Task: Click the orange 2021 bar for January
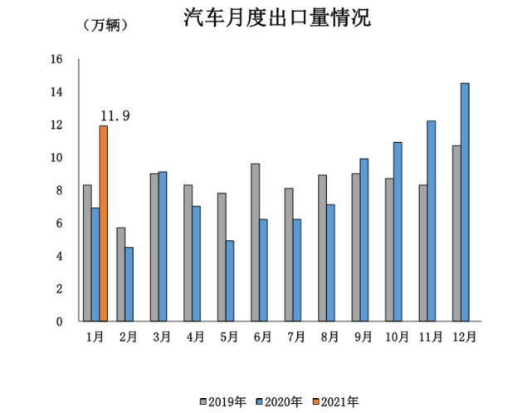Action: tap(104, 224)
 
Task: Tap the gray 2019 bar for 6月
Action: tap(255, 242)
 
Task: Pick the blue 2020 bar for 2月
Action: tap(129, 284)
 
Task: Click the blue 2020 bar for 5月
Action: tap(230, 281)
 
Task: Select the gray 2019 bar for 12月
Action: tap(456, 234)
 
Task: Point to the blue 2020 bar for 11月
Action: tap(432, 221)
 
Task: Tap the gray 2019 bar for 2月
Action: tap(120, 274)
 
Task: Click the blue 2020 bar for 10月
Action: tap(398, 232)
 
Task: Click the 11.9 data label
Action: tap(114, 116)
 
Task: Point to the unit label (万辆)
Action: tap(106, 25)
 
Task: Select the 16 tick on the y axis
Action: tap(56, 59)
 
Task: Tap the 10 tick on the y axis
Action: tap(56, 158)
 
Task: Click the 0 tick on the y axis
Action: tap(60, 322)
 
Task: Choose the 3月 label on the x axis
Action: tap(160, 337)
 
